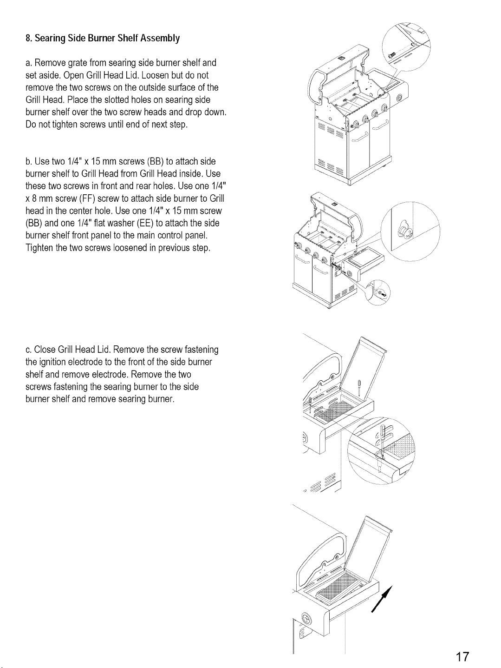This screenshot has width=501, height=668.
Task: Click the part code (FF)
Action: (87, 198)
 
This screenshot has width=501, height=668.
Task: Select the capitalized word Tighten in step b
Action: (39, 248)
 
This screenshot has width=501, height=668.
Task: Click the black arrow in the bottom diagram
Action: (382, 599)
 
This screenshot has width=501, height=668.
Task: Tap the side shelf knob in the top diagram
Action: (399, 97)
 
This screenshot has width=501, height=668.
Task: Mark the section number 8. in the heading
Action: (29, 38)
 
